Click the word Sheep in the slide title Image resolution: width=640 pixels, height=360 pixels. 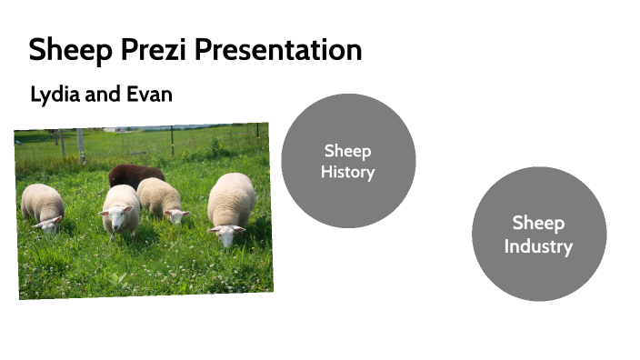tap(66, 49)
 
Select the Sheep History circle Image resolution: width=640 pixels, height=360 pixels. tap(348, 161)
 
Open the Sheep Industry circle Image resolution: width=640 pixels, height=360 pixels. tap(538, 234)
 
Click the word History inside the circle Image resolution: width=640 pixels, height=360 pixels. tap(348, 172)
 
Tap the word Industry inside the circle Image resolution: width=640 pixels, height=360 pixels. tap(538, 245)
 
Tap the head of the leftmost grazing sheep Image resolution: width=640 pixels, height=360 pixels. tap(49, 223)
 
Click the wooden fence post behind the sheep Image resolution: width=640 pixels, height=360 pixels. tap(81, 144)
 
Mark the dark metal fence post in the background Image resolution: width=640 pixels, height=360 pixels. tap(172, 140)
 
